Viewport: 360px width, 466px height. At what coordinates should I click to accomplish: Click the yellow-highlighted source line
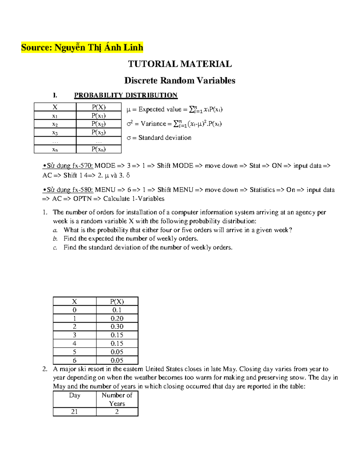pyautogui.click(x=82, y=47)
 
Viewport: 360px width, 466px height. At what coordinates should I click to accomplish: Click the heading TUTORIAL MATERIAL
pyautogui.click(x=180, y=64)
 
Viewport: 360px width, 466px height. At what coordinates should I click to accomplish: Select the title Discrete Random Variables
pyautogui.click(x=180, y=80)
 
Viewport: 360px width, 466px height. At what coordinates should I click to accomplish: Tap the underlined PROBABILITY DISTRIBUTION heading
pyautogui.click(x=126, y=95)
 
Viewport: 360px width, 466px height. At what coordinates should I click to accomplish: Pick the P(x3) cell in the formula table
pyautogui.click(x=99, y=132)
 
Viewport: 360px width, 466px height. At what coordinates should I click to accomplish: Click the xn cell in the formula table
pyautogui.click(x=55, y=149)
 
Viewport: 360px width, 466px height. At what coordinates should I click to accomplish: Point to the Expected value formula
pyautogui.click(x=175, y=110)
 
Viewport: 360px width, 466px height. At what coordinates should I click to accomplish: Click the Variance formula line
pyautogui.click(x=174, y=124)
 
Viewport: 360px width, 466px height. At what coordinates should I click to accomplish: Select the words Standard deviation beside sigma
pyautogui.click(x=165, y=138)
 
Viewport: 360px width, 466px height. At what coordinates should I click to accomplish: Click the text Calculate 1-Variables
pyautogui.click(x=134, y=199)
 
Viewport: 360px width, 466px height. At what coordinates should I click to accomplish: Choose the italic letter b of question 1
pyautogui.click(x=55, y=239)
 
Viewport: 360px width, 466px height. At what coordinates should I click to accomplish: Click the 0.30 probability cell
pyautogui.click(x=117, y=326)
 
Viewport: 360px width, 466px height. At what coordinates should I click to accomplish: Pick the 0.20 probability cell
pyautogui.click(x=117, y=318)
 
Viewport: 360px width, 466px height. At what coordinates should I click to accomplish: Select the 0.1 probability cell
pyautogui.click(x=117, y=310)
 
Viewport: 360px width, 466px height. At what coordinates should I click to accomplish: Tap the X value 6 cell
pyautogui.click(x=74, y=360)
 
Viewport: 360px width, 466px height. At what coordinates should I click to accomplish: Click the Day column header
pyautogui.click(x=74, y=395)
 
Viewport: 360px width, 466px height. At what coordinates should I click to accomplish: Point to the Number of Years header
pyautogui.click(x=117, y=399)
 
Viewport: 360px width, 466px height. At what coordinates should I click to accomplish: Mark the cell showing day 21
pyautogui.click(x=74, y=412)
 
